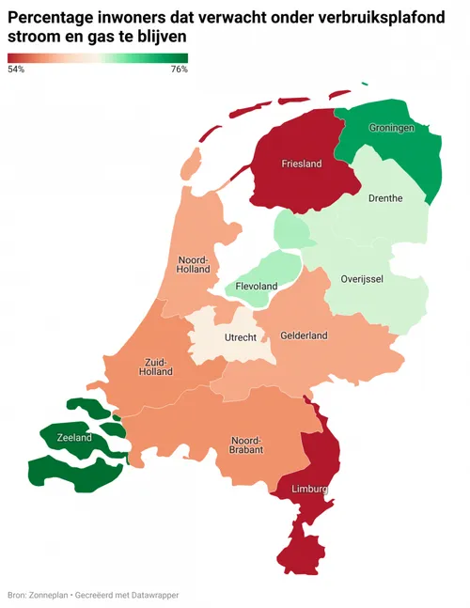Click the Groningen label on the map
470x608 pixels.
[x=392, y=128]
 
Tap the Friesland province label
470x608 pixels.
[x=302, y=164]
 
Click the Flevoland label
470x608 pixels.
[x=258, y=286]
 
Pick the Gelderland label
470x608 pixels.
[x=304, y=335]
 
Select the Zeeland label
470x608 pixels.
[x=74, y=438]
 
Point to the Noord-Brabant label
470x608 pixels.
[x=246, y=444]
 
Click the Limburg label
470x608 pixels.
[x=310, y=489]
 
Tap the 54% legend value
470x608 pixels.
[x=16, y=70]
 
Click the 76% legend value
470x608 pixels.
[x=179, y=70]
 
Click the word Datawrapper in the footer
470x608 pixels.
[x=154, y=595]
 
